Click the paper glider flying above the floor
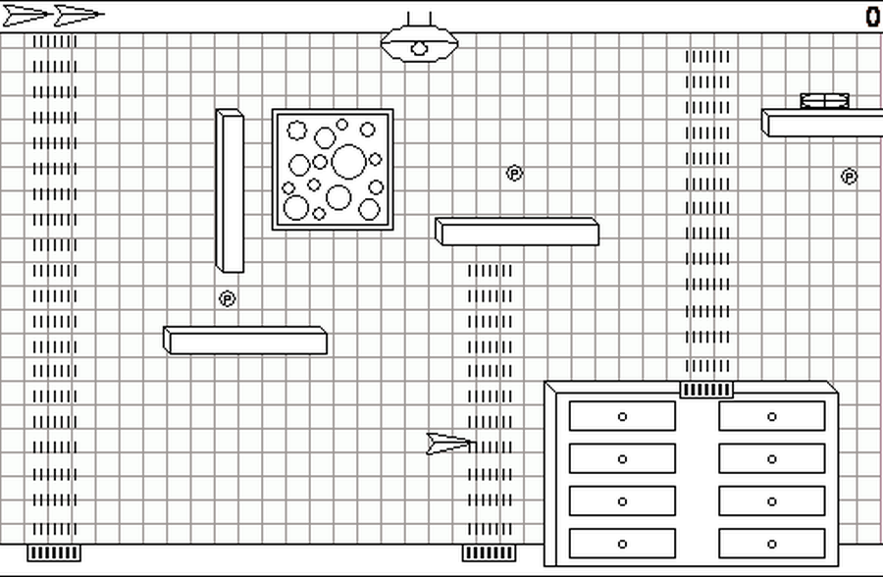[x=450, y=444]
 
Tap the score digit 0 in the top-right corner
[x=872, y=17]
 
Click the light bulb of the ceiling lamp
[x=419, y=48]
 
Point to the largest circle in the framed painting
[x=348, y=161]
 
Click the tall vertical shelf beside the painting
[x=230, y=190]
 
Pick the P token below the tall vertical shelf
[x=227, y=298]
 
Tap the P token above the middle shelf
[x=514, y=173]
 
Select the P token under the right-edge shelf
[x=849, y=177]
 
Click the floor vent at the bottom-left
[x=54, y=552]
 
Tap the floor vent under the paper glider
[x=489, y=552]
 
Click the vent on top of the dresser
[x=706, y=390]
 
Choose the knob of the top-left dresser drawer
[x=622, y=416]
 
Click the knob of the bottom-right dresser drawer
[x=771, y=544]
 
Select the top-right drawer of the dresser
[x=771, y=416]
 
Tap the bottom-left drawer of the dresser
[x=622, y=544]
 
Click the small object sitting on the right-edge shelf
[x=824, y=101]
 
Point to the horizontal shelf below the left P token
[x=245, y=341]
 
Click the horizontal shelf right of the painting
[x=517, y=232]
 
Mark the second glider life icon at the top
[x=78, y=16]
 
